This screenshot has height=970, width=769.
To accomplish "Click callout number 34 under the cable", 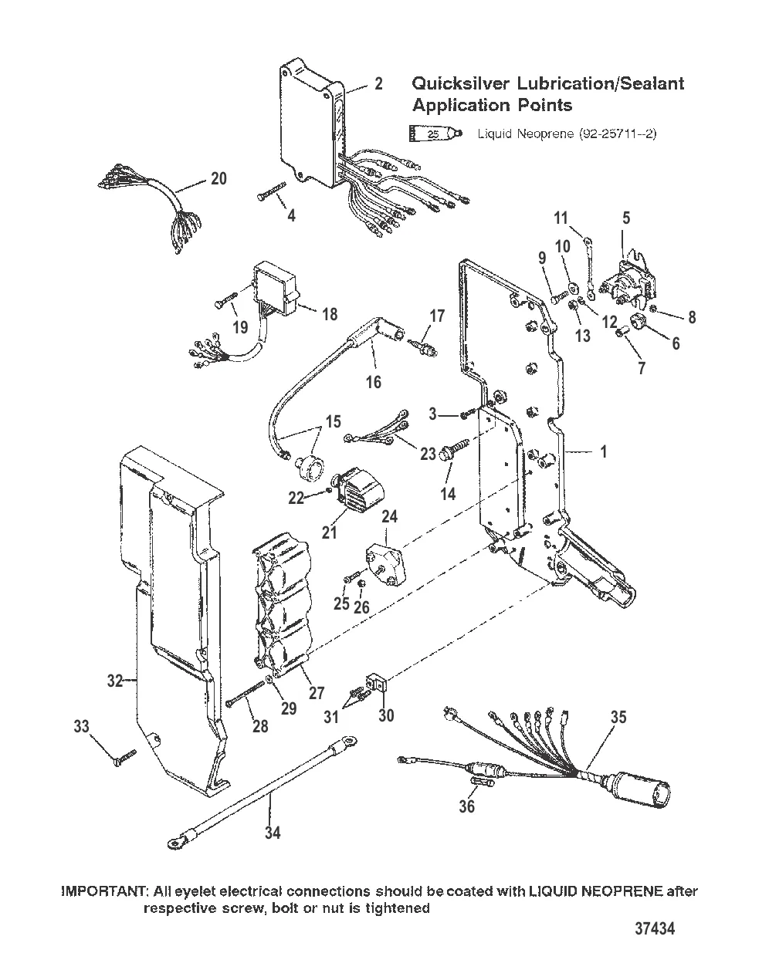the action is coord(273,833).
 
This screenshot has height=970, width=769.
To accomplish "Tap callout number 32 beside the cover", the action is coord(115,681).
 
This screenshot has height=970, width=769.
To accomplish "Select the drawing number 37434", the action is coord(655,928).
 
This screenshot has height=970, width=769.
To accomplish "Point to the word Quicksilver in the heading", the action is coord(461,84).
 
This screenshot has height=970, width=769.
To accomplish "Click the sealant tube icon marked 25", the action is coord(435,134).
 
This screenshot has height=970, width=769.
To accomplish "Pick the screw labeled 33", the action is coord(122,758).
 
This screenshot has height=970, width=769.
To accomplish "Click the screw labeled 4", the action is coord(271,191).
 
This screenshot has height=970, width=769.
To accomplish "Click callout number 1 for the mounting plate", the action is coord(604,451).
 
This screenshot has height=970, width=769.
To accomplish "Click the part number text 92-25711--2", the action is coord(618,134).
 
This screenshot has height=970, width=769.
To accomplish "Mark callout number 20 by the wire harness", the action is coord(219,178).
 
